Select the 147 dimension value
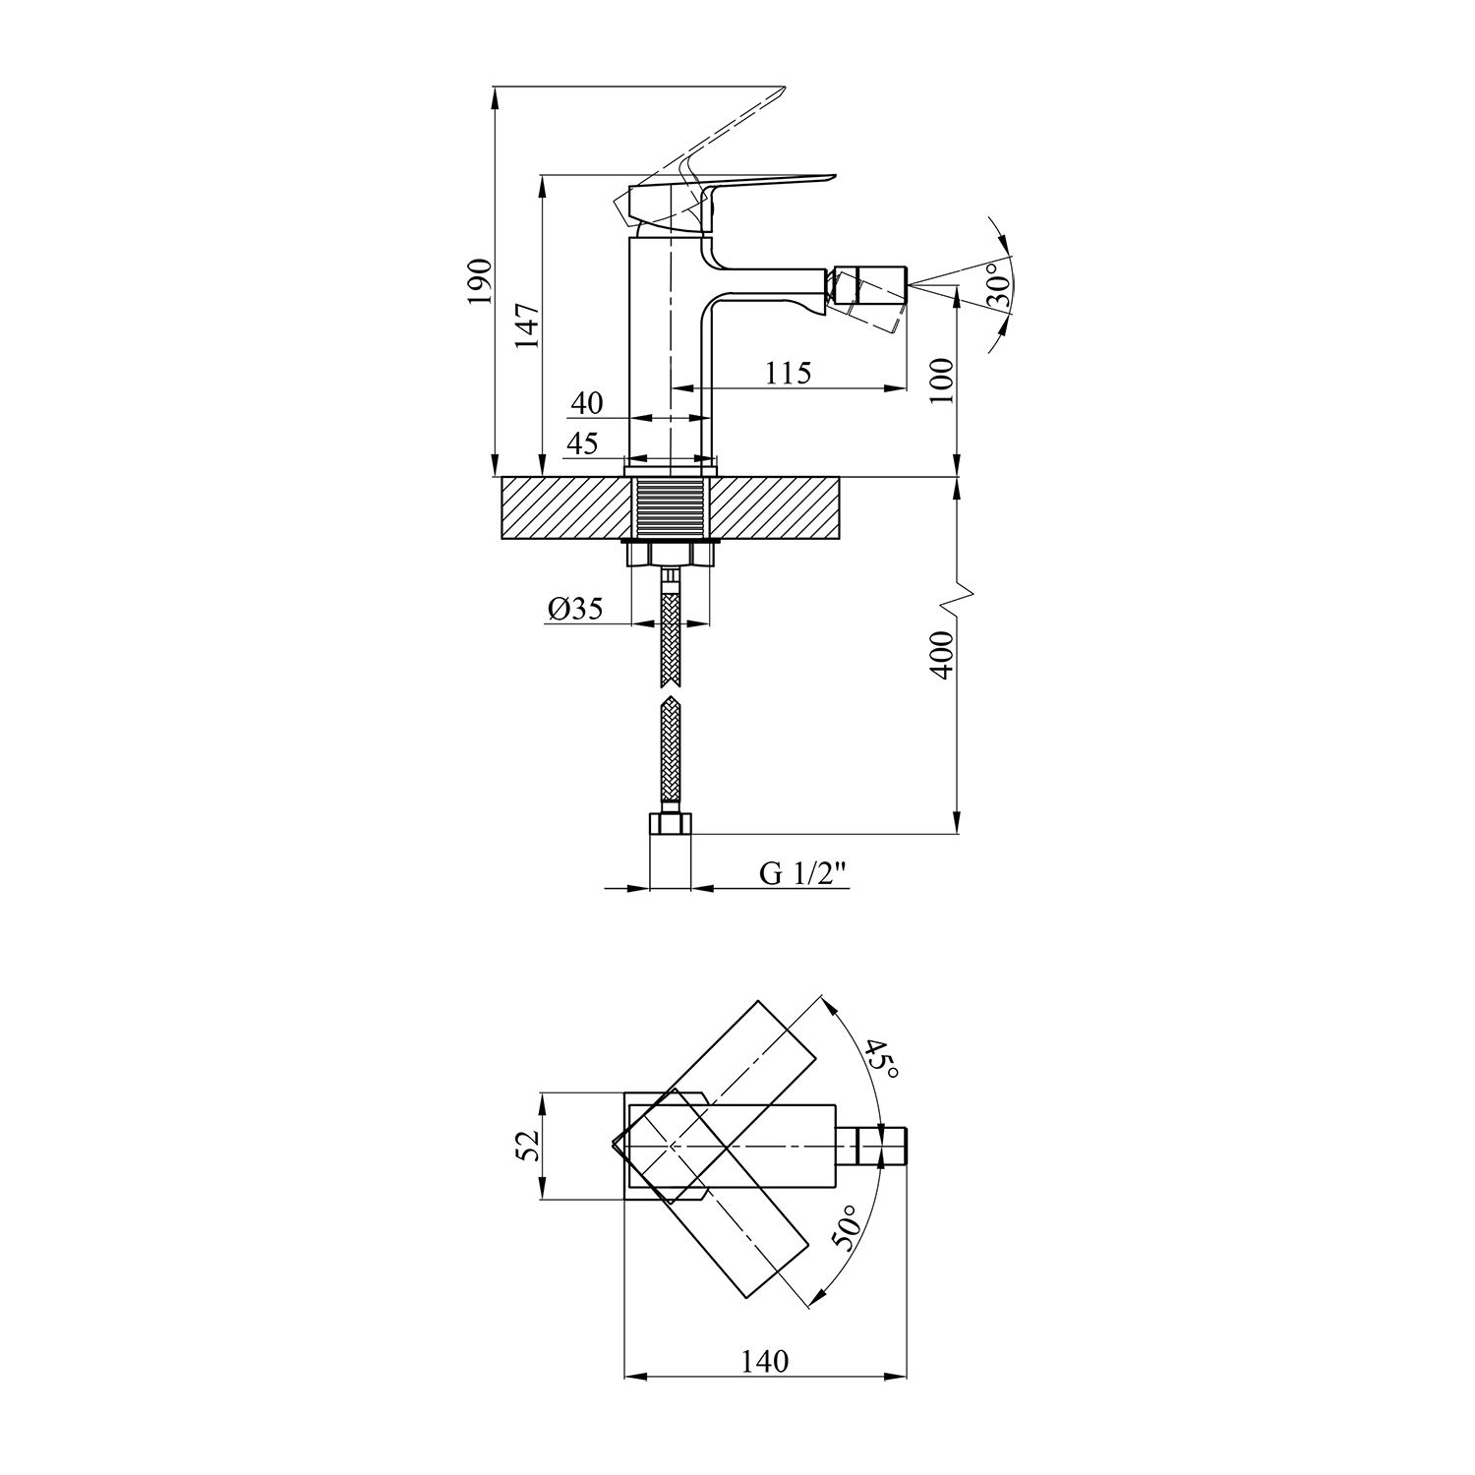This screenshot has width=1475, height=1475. pyautogui.click(x=527, y=326)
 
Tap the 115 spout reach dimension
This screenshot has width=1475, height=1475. pyautogui.click(x=788, y=373)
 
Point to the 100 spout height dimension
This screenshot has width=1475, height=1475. pyautogui.click(x=941, y=380)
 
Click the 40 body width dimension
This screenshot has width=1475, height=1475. pyautogui.click(x=586, y=403)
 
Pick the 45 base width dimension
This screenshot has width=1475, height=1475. pyautogui.click(x=581, y=443)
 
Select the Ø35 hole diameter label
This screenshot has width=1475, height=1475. pyautogui.click(x=575, y=610)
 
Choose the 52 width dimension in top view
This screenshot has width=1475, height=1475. pyautogui.click(x=527, y=1146)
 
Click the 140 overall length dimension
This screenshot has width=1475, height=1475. pyautogui.click(x=766, y=1361)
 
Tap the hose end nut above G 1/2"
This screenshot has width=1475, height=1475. pyautogui.click(x=671, y=824)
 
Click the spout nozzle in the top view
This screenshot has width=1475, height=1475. pyautogui.click(x=883, y=1147)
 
